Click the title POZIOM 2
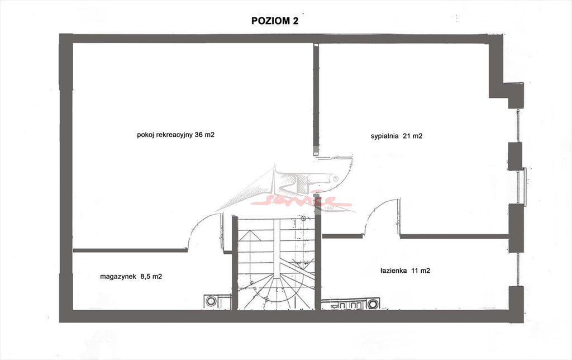[x=275, y=21]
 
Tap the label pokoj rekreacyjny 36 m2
[x=175, y=135]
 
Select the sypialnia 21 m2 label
[x=396, y=136]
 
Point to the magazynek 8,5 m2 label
[x=131, y=276]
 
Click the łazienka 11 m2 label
[x=405, y=271]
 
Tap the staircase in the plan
[x=276, y=263]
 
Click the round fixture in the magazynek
[x=211, y=301]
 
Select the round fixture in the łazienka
[x=373, y=304]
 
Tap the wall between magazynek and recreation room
[x=130, y=250]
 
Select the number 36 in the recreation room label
[x=198, y=134]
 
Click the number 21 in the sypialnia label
[x=407, y=136]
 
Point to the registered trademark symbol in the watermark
[x=335, y=179]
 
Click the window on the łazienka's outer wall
[x=518, y=269]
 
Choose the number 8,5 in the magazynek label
[x=144, y=276]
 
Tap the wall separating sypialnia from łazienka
[x=455, y=236]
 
